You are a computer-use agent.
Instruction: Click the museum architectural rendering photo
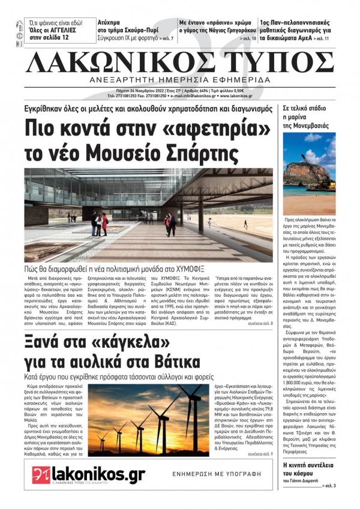[x=149, y=215]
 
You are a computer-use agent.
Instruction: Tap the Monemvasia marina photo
[x=309, y=174]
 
